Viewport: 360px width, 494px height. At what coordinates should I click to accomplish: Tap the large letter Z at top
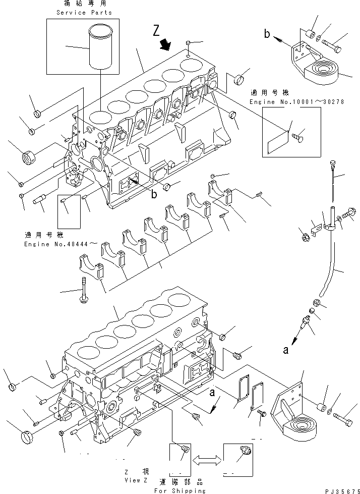158,32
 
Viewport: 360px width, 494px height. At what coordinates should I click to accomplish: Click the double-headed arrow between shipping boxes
206,459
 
